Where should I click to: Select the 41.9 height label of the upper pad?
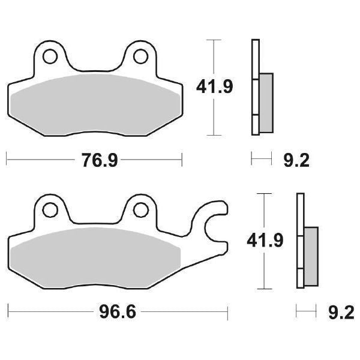tap(214, 87)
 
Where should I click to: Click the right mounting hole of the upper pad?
tap(140, 56)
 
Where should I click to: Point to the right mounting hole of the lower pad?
tap(140, 209)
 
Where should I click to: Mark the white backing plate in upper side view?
tap(254, 60)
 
